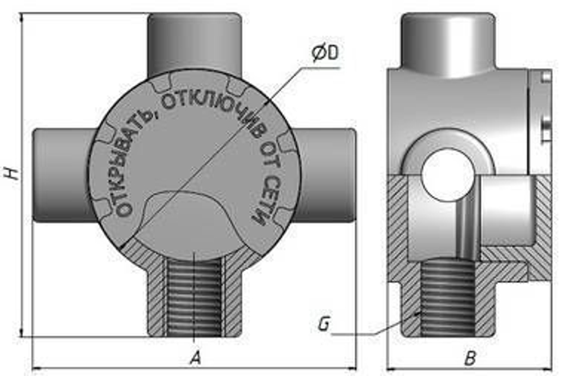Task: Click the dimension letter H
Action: pos(12,173)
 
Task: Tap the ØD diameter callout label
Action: pos(325,53)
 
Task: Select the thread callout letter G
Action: pos(324,324)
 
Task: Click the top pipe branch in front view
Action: pos(195,44)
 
